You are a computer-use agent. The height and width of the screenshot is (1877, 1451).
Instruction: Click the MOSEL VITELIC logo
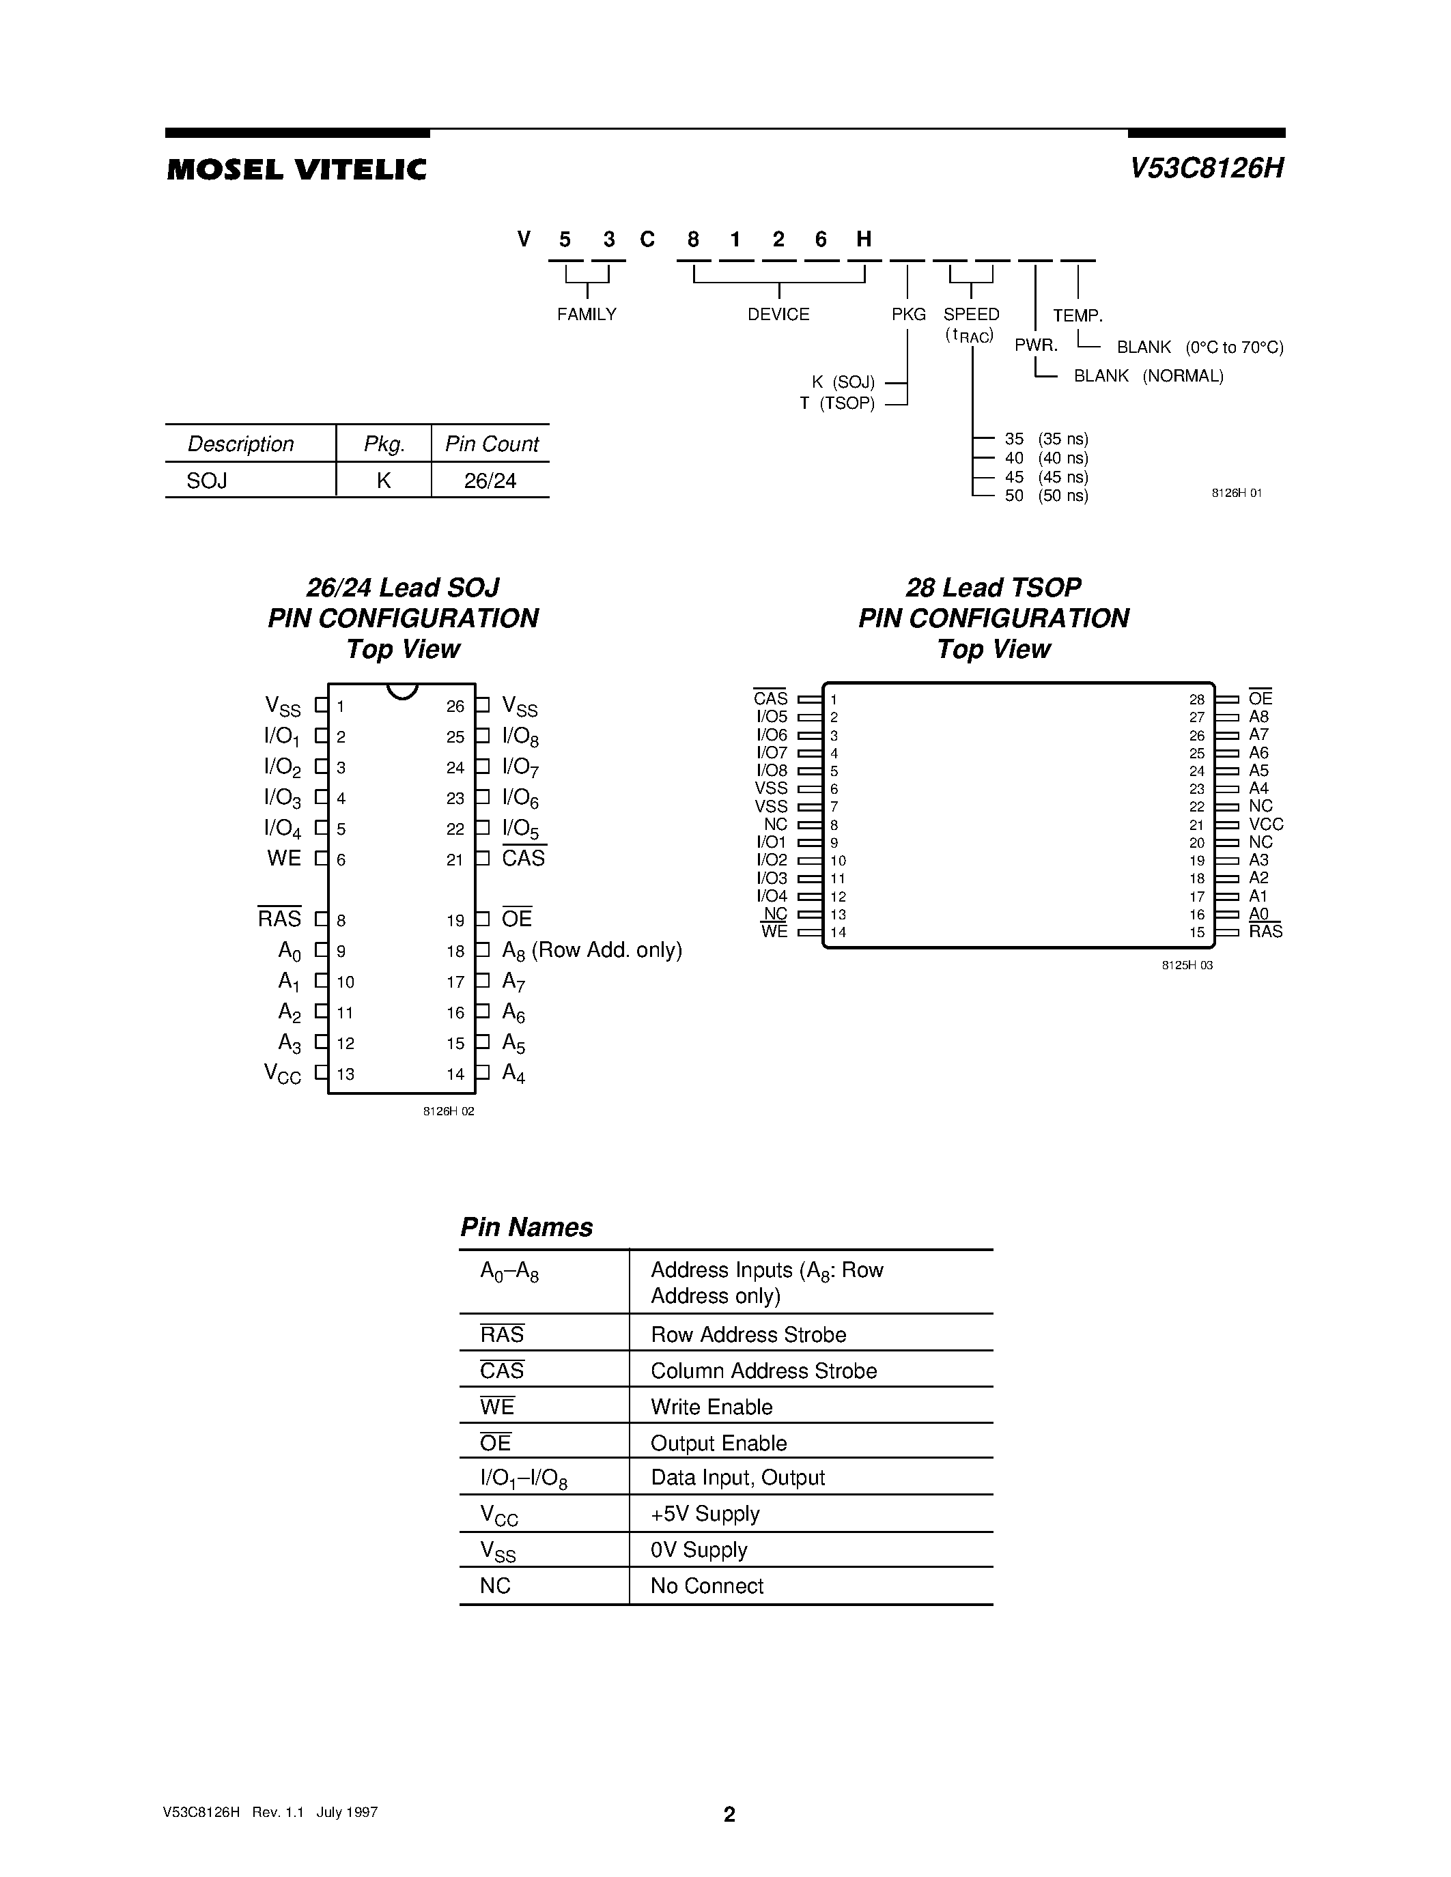click(296, 169)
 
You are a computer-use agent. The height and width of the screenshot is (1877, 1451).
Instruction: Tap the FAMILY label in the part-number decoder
click(587, 315)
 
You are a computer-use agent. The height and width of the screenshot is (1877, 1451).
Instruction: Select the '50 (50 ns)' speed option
click(1045, 496)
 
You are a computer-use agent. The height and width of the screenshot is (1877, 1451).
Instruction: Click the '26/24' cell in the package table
click(490, 481)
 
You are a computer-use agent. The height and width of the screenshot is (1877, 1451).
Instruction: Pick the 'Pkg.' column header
click(383, 444)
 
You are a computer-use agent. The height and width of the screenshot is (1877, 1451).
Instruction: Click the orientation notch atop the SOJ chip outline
click(402, 691)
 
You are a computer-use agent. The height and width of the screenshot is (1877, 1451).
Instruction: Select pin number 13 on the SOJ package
click(346, 1074)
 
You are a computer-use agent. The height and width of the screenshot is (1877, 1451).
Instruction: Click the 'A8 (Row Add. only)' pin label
click(591, 951)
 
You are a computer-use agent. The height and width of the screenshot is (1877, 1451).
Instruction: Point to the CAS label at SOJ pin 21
click(524, 859)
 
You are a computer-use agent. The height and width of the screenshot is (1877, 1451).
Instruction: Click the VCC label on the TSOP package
click(1265, 825)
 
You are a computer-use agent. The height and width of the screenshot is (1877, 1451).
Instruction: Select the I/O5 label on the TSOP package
click(771, 717)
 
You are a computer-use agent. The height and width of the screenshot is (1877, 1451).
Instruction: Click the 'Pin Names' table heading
click(526, 1227)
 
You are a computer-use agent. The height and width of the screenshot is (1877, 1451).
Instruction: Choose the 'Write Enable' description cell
click(711, 1407)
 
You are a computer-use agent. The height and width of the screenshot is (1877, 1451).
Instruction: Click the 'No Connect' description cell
click(707, 1586)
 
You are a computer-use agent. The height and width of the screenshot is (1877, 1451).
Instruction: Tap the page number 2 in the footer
click(729, 1814)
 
